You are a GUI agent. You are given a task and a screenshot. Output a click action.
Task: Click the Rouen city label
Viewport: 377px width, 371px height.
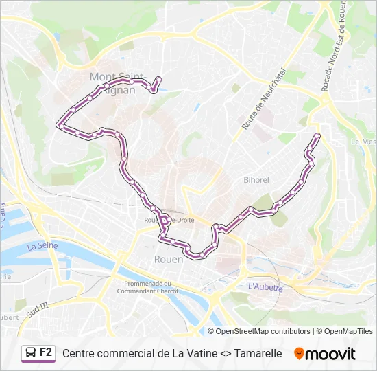168,259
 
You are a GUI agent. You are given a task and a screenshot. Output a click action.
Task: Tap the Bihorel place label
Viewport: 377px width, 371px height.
256,180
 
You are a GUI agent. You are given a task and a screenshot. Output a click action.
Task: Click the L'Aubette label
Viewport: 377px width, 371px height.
265,287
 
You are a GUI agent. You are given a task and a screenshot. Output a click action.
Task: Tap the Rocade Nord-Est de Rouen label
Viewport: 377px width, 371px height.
333,45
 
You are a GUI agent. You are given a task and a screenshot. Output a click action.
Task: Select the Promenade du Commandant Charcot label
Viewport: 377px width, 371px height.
151,287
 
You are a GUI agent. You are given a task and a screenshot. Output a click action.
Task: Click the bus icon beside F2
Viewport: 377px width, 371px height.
30,353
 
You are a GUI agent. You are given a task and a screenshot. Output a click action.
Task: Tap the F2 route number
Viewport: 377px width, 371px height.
46,352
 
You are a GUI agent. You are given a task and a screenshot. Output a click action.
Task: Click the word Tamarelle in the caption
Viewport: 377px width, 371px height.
258,353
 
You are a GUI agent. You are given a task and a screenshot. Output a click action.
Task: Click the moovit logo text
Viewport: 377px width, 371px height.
330,354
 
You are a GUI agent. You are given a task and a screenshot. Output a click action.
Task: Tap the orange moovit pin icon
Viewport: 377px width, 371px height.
299,354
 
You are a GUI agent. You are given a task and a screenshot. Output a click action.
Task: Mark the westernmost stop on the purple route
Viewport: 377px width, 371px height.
62,126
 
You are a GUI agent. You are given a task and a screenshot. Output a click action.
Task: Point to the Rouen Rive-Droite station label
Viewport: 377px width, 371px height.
169,220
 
